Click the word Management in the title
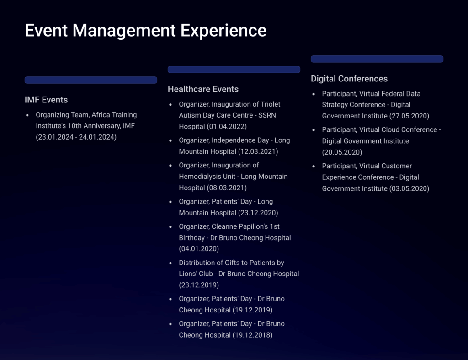(124, 31)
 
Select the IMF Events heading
(46, 100)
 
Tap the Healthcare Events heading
(203, 89)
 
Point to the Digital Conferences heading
(349, 79)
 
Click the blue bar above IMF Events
(91, 80)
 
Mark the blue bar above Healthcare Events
(234, 70)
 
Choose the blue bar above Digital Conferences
(377, 59)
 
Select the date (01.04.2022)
(227, 127)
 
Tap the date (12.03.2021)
(258, 152)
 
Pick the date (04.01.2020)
(199, 249)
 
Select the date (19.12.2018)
(252, 335)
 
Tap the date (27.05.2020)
(409, 116)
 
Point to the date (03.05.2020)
(409, 188)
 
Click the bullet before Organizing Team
(27, 115)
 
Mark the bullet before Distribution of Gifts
(170, 263)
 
